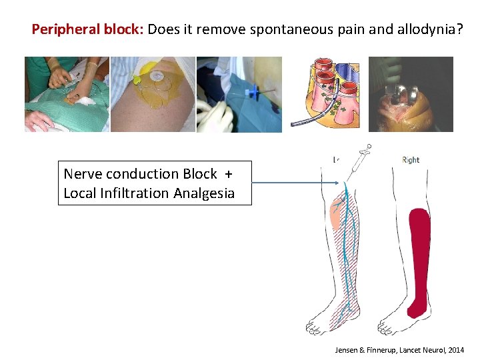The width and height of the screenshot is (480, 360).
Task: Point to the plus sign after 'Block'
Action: click(x=229, y=175)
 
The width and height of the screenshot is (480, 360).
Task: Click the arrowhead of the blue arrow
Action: click(x=339, y=183)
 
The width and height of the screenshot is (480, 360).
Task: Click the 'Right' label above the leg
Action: click(x=411, y=160)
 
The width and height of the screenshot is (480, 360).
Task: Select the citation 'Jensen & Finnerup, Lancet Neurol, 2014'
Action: click(x=401, y=349)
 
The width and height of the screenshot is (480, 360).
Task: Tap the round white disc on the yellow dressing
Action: click(x=157, y=76)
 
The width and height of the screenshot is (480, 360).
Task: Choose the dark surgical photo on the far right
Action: click(x=411, y=93)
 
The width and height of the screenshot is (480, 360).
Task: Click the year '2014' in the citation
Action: click(x=455, y=349)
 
